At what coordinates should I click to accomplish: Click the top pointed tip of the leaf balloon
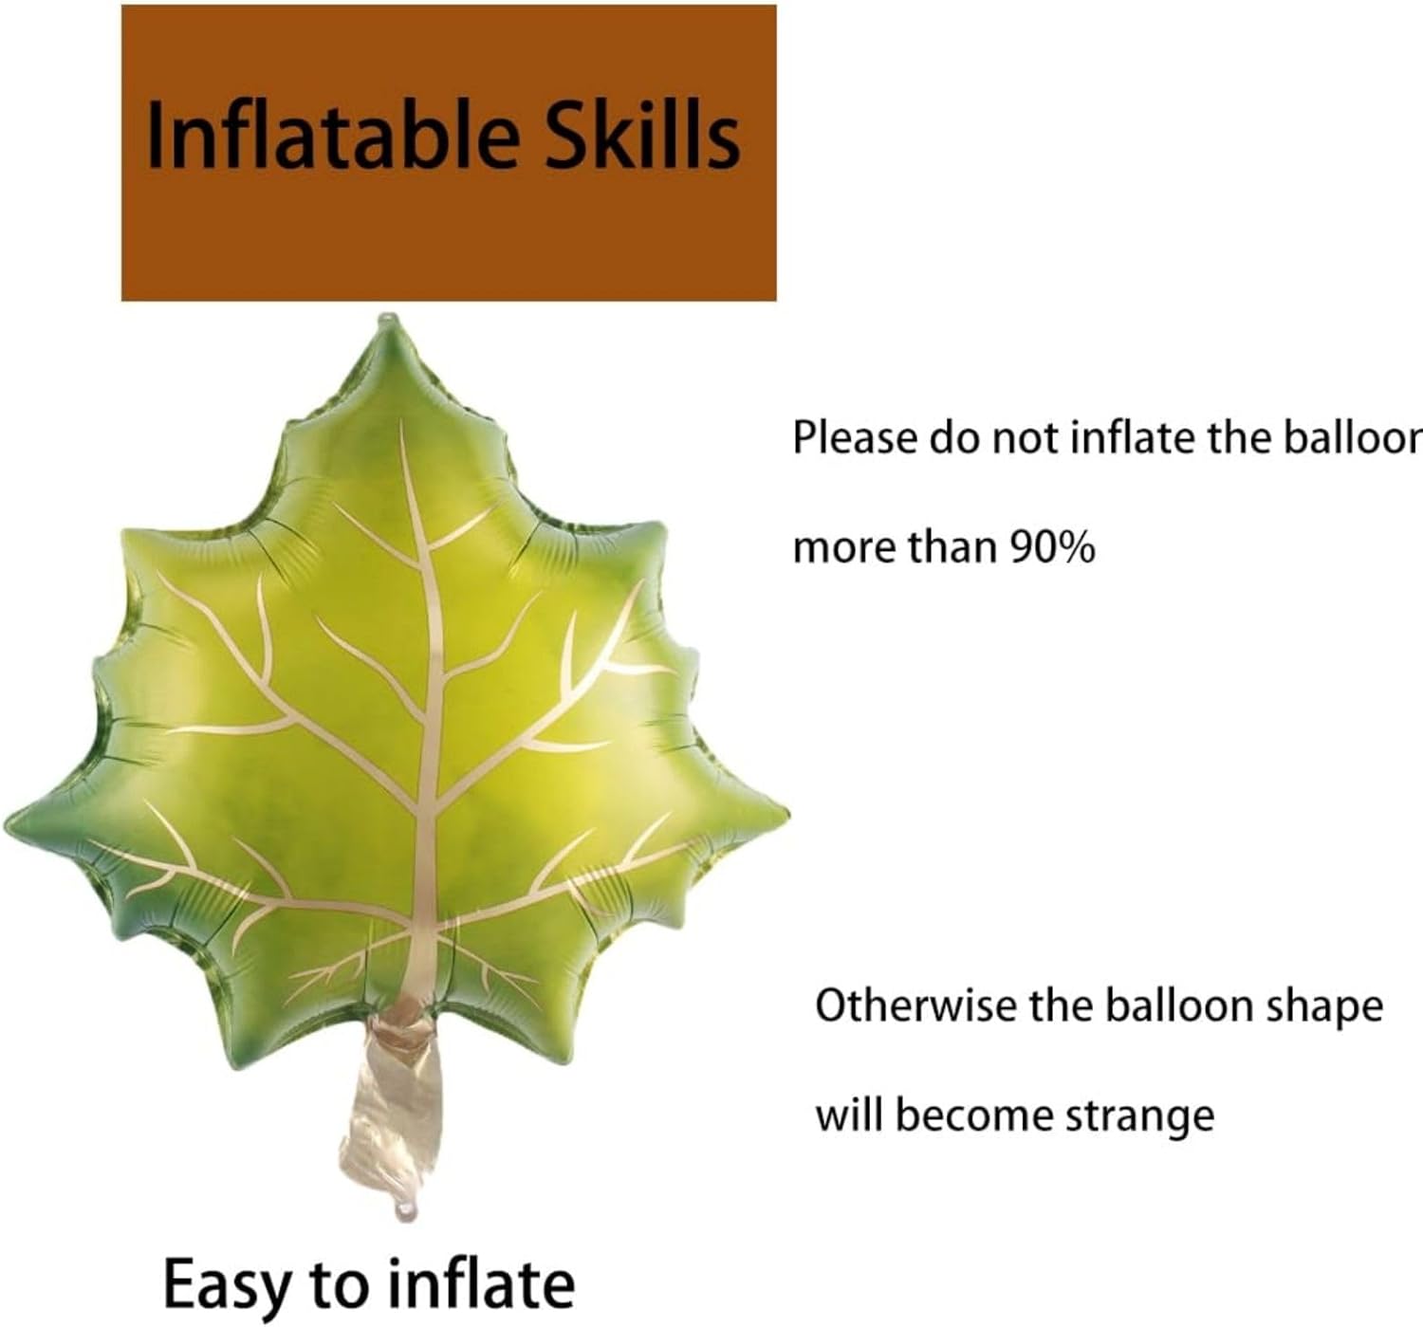pos(389,316)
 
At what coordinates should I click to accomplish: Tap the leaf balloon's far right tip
pos(786,815)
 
